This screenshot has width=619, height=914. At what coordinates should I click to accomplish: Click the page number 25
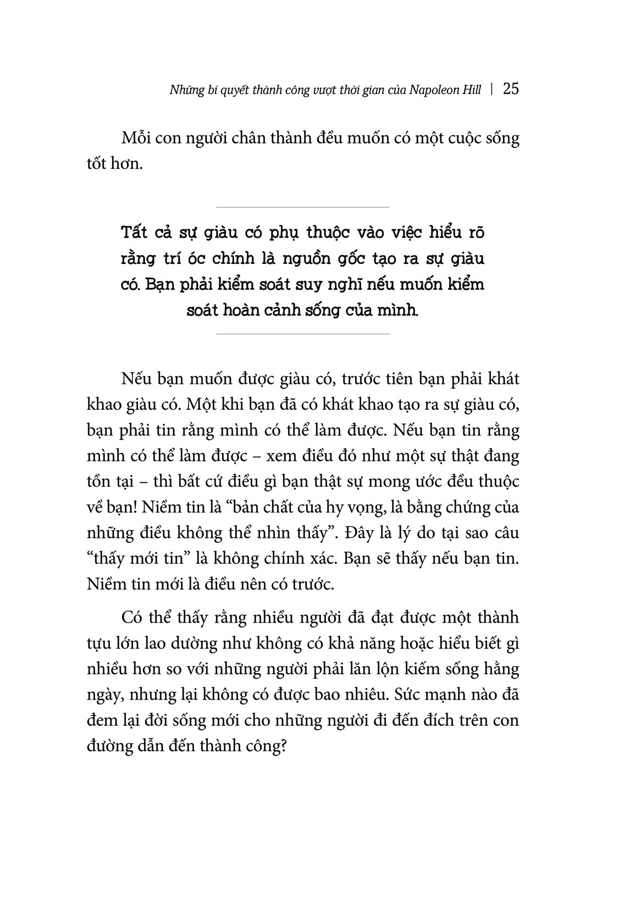click(x=511, y=89)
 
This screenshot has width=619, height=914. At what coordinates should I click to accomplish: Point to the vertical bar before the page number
click(x=491, y=90)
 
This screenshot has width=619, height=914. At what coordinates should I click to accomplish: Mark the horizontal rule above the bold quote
click(x=303, y=207)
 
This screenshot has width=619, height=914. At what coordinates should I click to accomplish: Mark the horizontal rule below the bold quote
click(x=303, y=334)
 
